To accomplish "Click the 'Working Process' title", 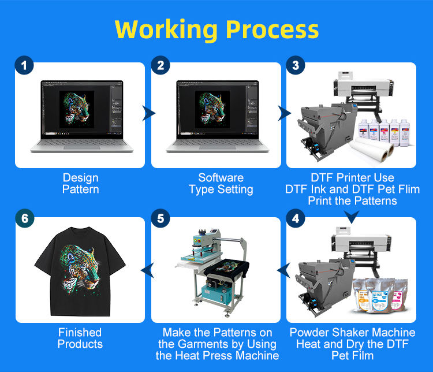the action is (x=216, y=29).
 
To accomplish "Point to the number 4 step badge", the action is (x=296, y=220).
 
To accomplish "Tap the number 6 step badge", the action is (x=24, y=220).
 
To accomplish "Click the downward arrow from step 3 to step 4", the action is (x=352, y=217).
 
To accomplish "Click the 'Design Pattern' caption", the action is (x=80, y=184).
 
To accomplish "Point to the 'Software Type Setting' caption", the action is (x=221, y=184).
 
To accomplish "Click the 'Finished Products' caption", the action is (x=80, y=338).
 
